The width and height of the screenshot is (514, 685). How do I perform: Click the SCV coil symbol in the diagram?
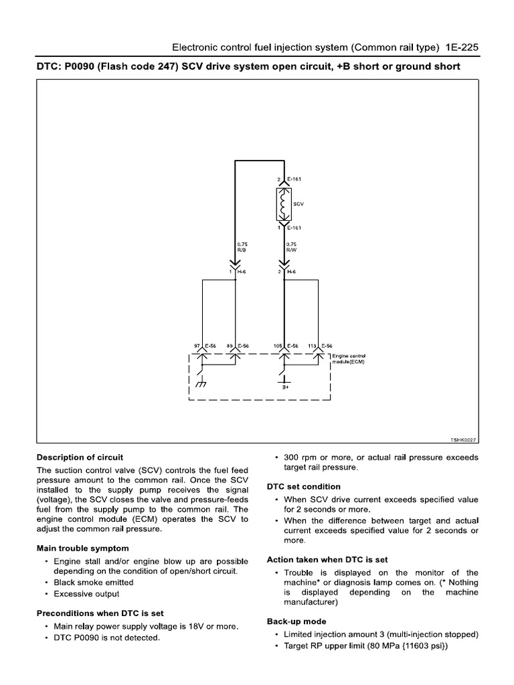click(x=282, y=204)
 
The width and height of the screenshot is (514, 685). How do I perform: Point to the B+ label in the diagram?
click(x=285, y=387)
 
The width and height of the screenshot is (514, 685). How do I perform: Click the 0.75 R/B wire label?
click(x=242, y=247)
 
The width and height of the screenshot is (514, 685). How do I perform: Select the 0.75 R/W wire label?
click(x=291, y=247)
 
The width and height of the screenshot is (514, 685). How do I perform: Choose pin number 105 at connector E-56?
click(x=277, y=346)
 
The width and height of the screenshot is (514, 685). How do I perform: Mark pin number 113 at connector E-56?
click(x=311, y=346)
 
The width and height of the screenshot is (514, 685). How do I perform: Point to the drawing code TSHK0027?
click(x=464, y=439)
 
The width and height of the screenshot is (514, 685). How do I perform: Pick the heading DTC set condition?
click(x=304, y=486)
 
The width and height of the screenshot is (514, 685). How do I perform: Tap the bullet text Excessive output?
click(x=86, y=593)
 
